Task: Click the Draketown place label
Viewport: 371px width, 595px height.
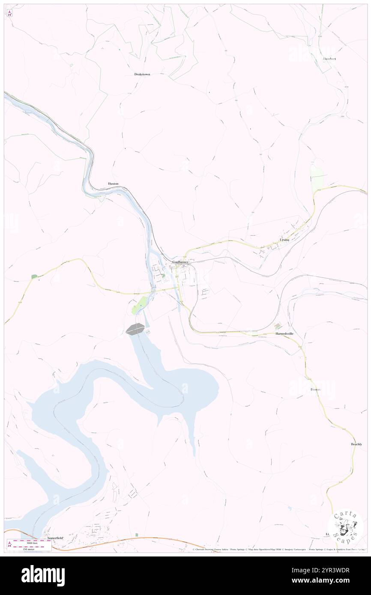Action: point(142,74)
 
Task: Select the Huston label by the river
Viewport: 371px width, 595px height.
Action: point(113,184)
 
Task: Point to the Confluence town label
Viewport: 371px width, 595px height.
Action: point(180,262)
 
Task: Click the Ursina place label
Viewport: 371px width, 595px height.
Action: point(284,240)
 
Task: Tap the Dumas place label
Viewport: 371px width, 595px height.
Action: point(315,390)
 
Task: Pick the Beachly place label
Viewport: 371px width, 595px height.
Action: point(356,444)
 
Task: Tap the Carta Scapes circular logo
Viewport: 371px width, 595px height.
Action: point(345,526)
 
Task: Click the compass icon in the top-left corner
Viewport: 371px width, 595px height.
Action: point(9,13)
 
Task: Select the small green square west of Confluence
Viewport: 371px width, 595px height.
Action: point(34,277)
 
